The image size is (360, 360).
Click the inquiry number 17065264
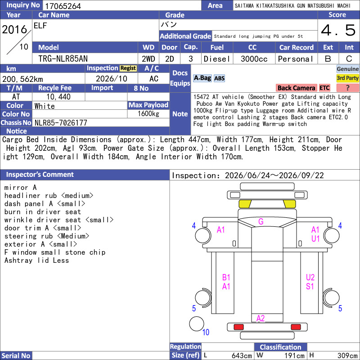click(63, 6)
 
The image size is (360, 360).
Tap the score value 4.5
click(338, 30)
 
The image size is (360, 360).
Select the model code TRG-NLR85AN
click(63, 59)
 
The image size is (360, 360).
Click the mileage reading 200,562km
click(22, 79)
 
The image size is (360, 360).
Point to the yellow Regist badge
click(128, 68)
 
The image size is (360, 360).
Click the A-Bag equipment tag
click(202, 78)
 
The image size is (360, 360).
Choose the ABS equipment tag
click(219, 78)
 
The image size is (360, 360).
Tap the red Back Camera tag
click(296, 88)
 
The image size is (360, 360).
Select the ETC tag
click(324, 88)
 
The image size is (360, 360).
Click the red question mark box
click(347, 88)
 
